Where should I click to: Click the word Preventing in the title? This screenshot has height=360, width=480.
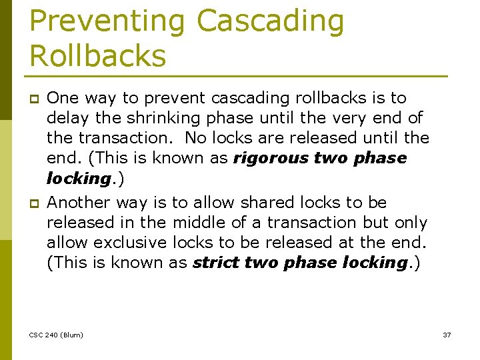(107, 21)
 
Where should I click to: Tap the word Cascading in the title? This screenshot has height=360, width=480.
(270, 21)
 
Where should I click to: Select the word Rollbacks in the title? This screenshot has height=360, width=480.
(97, 56)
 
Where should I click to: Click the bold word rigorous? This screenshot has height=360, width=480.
(271, 158)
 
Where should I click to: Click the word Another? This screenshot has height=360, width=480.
(80, 203)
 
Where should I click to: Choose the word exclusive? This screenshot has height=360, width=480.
(131, 243)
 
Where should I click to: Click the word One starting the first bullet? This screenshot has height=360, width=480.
(63, 98)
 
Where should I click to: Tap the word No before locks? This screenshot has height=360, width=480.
(195, 138)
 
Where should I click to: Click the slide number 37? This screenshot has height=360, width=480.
(447, 335)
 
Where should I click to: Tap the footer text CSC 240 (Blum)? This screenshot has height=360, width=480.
(57, 335)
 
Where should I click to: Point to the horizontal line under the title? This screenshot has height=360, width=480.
(238, 75)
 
